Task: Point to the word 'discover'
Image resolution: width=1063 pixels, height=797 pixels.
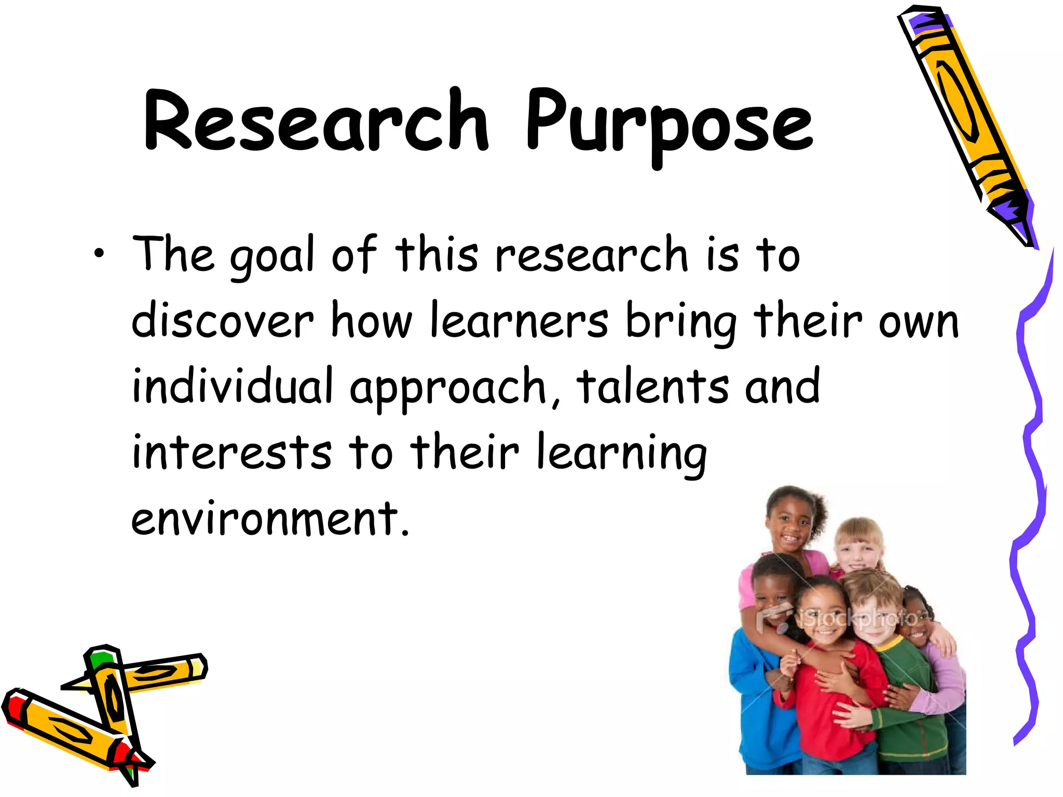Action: [222, 320]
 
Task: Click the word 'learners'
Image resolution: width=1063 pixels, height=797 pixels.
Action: [519, 320]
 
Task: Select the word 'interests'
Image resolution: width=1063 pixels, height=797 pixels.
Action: [231, 451]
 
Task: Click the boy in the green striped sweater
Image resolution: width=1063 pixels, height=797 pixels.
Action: [903, 690]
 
